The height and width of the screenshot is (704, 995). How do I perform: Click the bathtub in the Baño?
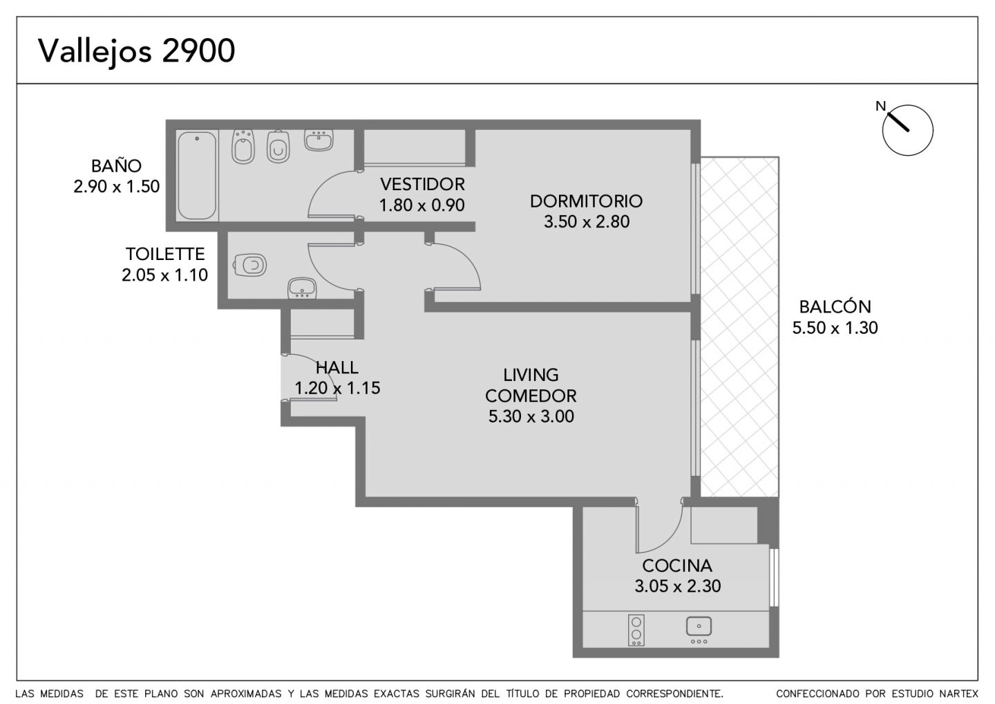[x=197, y=176]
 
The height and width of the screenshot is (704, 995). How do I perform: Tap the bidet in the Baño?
[x=243, y=146]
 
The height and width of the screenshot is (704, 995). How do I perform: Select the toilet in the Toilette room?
[x=249, y=266]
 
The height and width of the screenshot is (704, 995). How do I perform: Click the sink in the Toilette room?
[x=301, y=288]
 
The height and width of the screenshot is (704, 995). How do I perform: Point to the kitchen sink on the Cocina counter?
[x=699, y=629]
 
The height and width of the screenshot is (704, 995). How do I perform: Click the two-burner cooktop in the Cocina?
[x=636, y=630]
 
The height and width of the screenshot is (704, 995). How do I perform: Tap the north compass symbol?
[x=907, y=130]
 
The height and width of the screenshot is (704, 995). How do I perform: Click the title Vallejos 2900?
[x=136, y=52]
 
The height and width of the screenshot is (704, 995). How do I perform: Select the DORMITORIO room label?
[x=586, y=201]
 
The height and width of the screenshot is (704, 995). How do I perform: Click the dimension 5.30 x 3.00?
[x=531, y=416]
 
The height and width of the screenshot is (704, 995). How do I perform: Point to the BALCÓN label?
[x=835, y=306]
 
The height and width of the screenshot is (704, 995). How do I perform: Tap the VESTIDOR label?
[x=422, y=184]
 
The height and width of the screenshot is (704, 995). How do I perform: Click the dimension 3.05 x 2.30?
[x=677, y=586]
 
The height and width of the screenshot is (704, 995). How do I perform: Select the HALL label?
[x=337, y=367]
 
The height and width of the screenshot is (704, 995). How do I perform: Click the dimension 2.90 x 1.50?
[x=116, y=186]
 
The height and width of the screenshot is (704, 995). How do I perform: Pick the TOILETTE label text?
[x=165, y=254]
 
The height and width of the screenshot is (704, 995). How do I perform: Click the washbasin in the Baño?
[x=319, y=140]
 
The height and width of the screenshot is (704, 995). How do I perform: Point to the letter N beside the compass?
[x=880, y=106]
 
